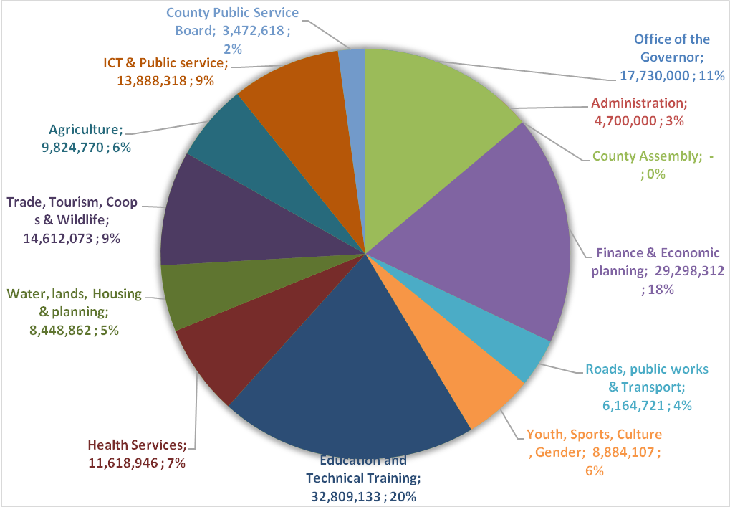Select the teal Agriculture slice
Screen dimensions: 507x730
click(229, 143)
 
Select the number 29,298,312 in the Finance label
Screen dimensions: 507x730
click(690, 270)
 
